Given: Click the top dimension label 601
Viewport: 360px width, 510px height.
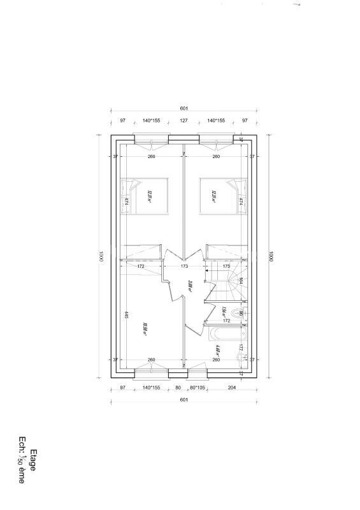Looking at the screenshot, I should tap(184, 108).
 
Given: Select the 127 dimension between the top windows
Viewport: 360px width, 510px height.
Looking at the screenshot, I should tap(184, 120).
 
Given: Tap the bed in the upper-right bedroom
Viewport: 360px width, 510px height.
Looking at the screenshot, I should tap(223, 196).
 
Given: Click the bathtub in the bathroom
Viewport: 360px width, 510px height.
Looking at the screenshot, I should tap(226, 333).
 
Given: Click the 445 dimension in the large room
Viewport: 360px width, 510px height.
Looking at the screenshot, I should tap(127, 315).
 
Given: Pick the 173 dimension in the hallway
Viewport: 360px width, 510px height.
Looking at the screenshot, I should tap(184, 265).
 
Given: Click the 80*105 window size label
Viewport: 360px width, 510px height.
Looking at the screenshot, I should tap(197, 387).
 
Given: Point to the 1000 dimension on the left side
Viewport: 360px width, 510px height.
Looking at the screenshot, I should tap(100, 257).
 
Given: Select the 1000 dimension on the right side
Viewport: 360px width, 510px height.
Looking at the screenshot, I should tap(270, 257).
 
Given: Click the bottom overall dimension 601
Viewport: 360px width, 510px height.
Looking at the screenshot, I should tap(184, 400).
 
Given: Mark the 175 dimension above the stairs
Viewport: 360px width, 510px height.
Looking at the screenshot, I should tap(226, 265).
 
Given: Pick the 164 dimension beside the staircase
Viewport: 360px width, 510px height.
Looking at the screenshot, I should tap(241, 280).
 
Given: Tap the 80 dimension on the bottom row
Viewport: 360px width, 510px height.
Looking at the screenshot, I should tap(178, 387).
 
